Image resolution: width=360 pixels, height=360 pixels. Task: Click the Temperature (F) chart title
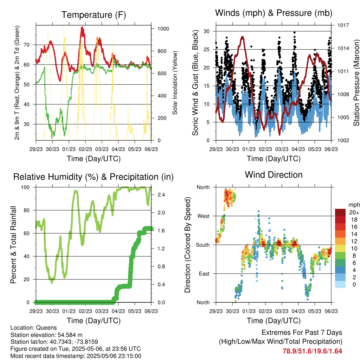(x=94, y=15)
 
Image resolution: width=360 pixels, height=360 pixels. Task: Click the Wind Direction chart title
(x=274, y=175)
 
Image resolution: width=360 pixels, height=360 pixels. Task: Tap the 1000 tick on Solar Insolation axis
(x=163, y=29)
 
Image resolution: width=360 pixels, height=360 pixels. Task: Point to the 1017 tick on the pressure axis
(x=343, y=25)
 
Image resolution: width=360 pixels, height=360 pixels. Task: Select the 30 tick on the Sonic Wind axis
(x=207, y=31)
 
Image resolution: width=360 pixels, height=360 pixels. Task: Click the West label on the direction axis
(x=204, y=216)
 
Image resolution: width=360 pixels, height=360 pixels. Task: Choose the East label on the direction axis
(x=204, y=274)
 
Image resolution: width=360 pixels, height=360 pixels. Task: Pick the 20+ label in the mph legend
(x=354, y=212)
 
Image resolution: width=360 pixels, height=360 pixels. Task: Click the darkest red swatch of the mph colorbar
(x=340, y=212)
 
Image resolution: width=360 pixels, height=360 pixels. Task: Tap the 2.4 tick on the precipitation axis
(x=161, y=195)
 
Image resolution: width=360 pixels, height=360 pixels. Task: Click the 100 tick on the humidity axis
(x=25, y=187)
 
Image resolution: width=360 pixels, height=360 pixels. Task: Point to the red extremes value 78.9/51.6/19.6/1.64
(x=312, y=351)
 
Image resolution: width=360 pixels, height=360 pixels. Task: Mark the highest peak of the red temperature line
(x=82, y=27)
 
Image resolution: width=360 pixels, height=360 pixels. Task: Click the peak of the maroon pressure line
(x=242, y=37)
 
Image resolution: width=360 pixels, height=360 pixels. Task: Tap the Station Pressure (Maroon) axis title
(x=356, y=83)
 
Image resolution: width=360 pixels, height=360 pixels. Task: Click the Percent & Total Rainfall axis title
(x=13, y=245)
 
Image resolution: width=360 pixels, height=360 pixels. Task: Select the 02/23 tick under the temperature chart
(x=85, y=149)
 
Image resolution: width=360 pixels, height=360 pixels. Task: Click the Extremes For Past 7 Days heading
(x=302, y=333)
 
